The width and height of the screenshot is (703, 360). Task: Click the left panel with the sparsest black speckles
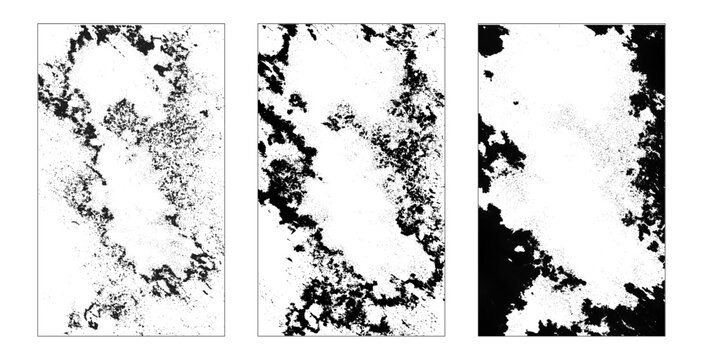131,180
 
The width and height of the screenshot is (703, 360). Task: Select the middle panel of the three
351,180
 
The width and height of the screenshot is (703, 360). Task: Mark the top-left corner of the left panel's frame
38,24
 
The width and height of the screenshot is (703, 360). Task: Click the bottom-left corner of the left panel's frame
38,335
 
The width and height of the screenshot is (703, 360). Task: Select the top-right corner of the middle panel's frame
445,24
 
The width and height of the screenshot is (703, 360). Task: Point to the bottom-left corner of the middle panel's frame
258,335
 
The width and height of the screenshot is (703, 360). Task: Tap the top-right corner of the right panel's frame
665,24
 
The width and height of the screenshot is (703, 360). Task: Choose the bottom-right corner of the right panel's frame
665,335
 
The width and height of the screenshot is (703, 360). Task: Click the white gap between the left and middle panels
241,180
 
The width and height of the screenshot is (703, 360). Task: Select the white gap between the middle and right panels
461,180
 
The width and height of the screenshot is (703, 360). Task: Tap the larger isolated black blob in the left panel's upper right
161,69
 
